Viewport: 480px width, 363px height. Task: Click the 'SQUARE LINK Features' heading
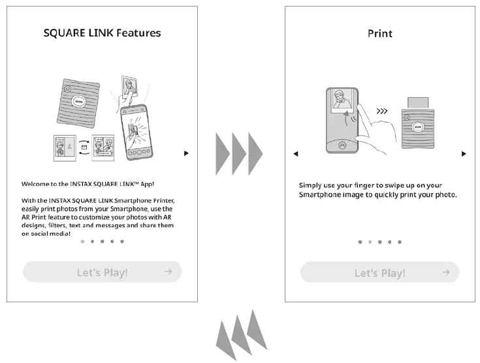point(102,33)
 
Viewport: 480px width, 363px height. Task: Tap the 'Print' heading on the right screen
point(379,33)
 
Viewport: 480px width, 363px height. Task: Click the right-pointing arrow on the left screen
point(186,153)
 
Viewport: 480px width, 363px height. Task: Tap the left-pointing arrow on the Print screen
point(296,154)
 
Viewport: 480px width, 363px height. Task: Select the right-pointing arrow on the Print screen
point(464,154)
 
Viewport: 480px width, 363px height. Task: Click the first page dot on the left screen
point(82,242)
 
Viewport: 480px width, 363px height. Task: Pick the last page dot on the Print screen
point(400,242)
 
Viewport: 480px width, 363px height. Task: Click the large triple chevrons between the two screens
point(239,154)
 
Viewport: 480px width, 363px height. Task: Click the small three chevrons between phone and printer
point(383,112)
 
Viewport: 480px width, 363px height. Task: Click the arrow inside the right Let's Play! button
point(445,272)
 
